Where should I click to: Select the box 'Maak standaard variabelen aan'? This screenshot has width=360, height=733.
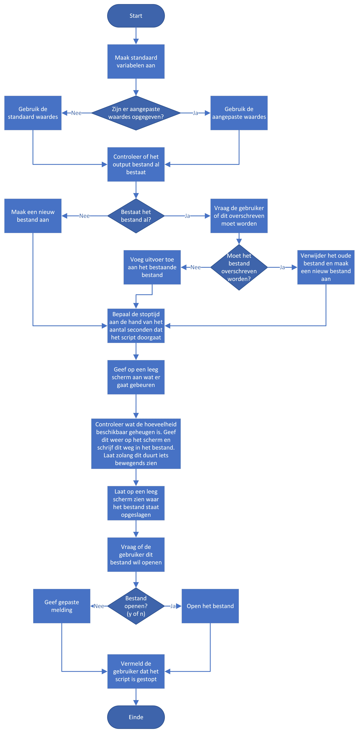coord(136,61)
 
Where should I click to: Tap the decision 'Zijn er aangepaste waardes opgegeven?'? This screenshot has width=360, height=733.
coord(136,113)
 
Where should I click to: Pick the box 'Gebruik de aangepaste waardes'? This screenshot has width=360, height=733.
coord(239,113)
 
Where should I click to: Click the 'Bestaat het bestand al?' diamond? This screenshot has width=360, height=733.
coord(136,216)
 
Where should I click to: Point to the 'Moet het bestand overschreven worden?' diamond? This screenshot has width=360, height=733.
coord(239,267)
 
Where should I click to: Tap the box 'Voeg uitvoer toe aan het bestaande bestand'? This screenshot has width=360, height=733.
coord(152,267)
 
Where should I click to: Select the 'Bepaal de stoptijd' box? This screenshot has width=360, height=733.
coord(136,326)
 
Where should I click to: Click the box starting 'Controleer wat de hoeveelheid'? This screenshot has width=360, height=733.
coord(136,444)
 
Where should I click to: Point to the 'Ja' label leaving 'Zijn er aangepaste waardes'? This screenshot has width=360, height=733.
coord(195,113)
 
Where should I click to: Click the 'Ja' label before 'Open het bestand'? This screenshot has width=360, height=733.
coord(173,606)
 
